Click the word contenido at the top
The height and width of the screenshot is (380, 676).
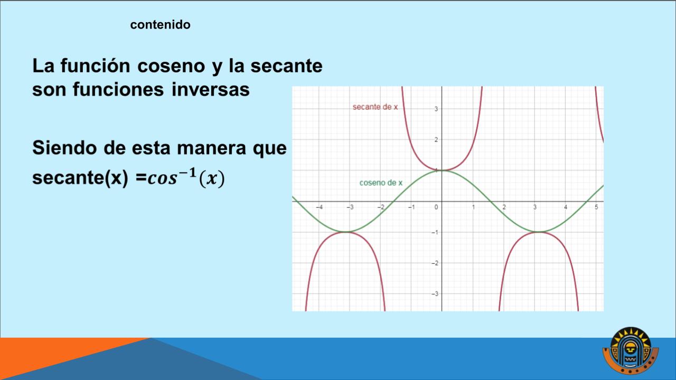pyautogui.click(x=160, y=25)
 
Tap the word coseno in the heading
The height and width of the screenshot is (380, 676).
pyautogui.click(x=171, y=66)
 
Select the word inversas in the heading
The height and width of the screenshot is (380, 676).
pyautogui.click(x=211, y=90)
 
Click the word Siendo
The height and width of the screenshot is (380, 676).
pyautogui.click(x=64, y=148)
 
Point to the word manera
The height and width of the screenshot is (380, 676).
pyautogui.click(x=211, y=149)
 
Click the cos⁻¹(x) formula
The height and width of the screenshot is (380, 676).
pyautogui.click(x=186, y=177)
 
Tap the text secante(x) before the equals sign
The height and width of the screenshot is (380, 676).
pyautogui.click(x=80, y=178)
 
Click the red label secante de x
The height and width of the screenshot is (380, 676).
pyautogui.click(x=375, y=107)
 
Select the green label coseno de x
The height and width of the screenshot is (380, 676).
pyautogui.click(x=381, y=183)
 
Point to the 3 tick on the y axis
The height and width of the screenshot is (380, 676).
pyautogui.click(x=436, y=109)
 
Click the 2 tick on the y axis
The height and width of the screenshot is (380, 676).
pyautogui.click(x=436, y=140)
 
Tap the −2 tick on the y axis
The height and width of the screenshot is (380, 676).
pyautogui.click(x=435, y=263)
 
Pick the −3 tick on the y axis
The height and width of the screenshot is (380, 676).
pyautogui.click(x=435, y=294)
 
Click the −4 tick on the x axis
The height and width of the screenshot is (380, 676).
pyautogui.click(x=320, y=207)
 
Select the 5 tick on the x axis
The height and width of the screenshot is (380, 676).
pyautogui.click(x=596, y=207)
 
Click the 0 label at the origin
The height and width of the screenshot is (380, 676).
pyautogui.click(x=436, y=207)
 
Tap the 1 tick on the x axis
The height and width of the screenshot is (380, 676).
pyautogui.click(x=473, y=207)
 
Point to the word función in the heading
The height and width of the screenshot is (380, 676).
pyautogui.click(x=96, y=66)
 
